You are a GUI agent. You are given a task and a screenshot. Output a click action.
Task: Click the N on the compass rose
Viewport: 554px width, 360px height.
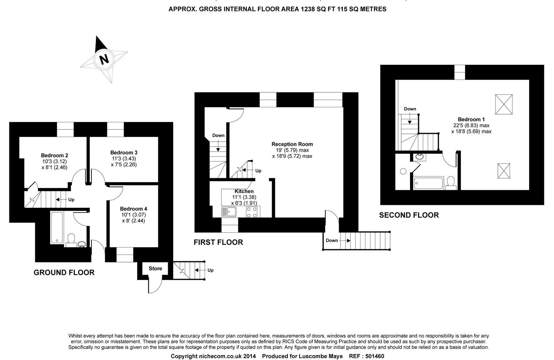(104, 59)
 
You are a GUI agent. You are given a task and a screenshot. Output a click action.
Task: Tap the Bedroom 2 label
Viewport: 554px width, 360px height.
(54, 155)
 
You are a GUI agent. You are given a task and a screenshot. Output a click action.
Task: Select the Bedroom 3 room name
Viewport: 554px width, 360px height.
(124, 153)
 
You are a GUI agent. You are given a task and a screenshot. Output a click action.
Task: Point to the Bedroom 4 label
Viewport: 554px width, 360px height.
(134, 209)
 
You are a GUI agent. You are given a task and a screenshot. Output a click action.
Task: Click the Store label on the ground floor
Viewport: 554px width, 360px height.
(155, 269)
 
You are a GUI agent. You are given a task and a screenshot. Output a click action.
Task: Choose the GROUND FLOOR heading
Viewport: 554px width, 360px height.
(64, 272)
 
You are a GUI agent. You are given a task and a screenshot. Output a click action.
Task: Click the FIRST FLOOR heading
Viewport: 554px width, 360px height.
(218, 242)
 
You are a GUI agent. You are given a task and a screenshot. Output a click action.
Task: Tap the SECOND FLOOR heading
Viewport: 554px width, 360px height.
(409, 215)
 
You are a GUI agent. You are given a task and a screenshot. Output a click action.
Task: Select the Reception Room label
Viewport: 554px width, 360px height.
(292, 144)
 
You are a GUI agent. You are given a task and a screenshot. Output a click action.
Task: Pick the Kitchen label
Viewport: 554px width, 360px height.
(244, 191)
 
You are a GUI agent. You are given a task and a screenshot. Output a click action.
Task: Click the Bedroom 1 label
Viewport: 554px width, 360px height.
(471, 119)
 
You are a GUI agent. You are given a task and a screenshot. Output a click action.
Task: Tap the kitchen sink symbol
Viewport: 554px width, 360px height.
(229, 212)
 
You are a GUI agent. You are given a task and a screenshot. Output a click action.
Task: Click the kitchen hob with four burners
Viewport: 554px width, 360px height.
(251, 212)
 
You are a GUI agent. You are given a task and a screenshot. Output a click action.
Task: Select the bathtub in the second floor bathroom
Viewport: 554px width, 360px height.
(429, 183)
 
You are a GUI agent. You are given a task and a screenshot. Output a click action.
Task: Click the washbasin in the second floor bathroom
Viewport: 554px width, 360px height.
(419, 157)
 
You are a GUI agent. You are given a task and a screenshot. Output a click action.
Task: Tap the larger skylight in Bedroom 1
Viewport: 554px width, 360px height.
(504, 104)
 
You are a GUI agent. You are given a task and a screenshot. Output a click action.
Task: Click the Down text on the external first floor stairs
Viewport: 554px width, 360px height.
(332, 240)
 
